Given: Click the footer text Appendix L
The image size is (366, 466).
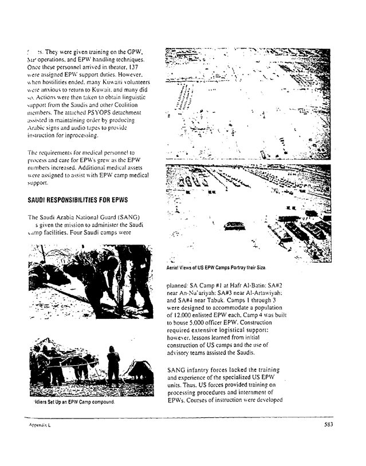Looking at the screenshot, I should [x=39, y=425].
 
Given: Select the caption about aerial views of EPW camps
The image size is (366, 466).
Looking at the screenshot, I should [x=217, y=267].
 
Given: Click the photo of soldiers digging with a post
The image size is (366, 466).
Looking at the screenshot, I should [x=90, y=281].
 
